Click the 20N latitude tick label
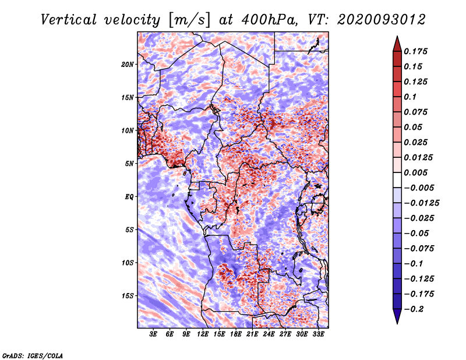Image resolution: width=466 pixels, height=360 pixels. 128,64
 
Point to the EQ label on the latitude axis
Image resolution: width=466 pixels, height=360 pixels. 129,196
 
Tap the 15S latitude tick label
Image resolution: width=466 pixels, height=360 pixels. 128,295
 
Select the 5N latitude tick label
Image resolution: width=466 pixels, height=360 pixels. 130,163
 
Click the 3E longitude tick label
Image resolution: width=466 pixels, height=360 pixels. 154,335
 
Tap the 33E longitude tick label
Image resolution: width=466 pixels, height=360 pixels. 319,335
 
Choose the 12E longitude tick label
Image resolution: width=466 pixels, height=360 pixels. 203,335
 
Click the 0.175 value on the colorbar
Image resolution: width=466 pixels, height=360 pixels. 417,51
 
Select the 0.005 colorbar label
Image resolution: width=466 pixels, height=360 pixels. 417,173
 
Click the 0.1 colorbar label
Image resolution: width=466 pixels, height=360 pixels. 412,97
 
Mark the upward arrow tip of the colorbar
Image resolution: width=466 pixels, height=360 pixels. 397,37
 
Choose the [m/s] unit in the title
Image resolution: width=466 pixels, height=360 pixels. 188,20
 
